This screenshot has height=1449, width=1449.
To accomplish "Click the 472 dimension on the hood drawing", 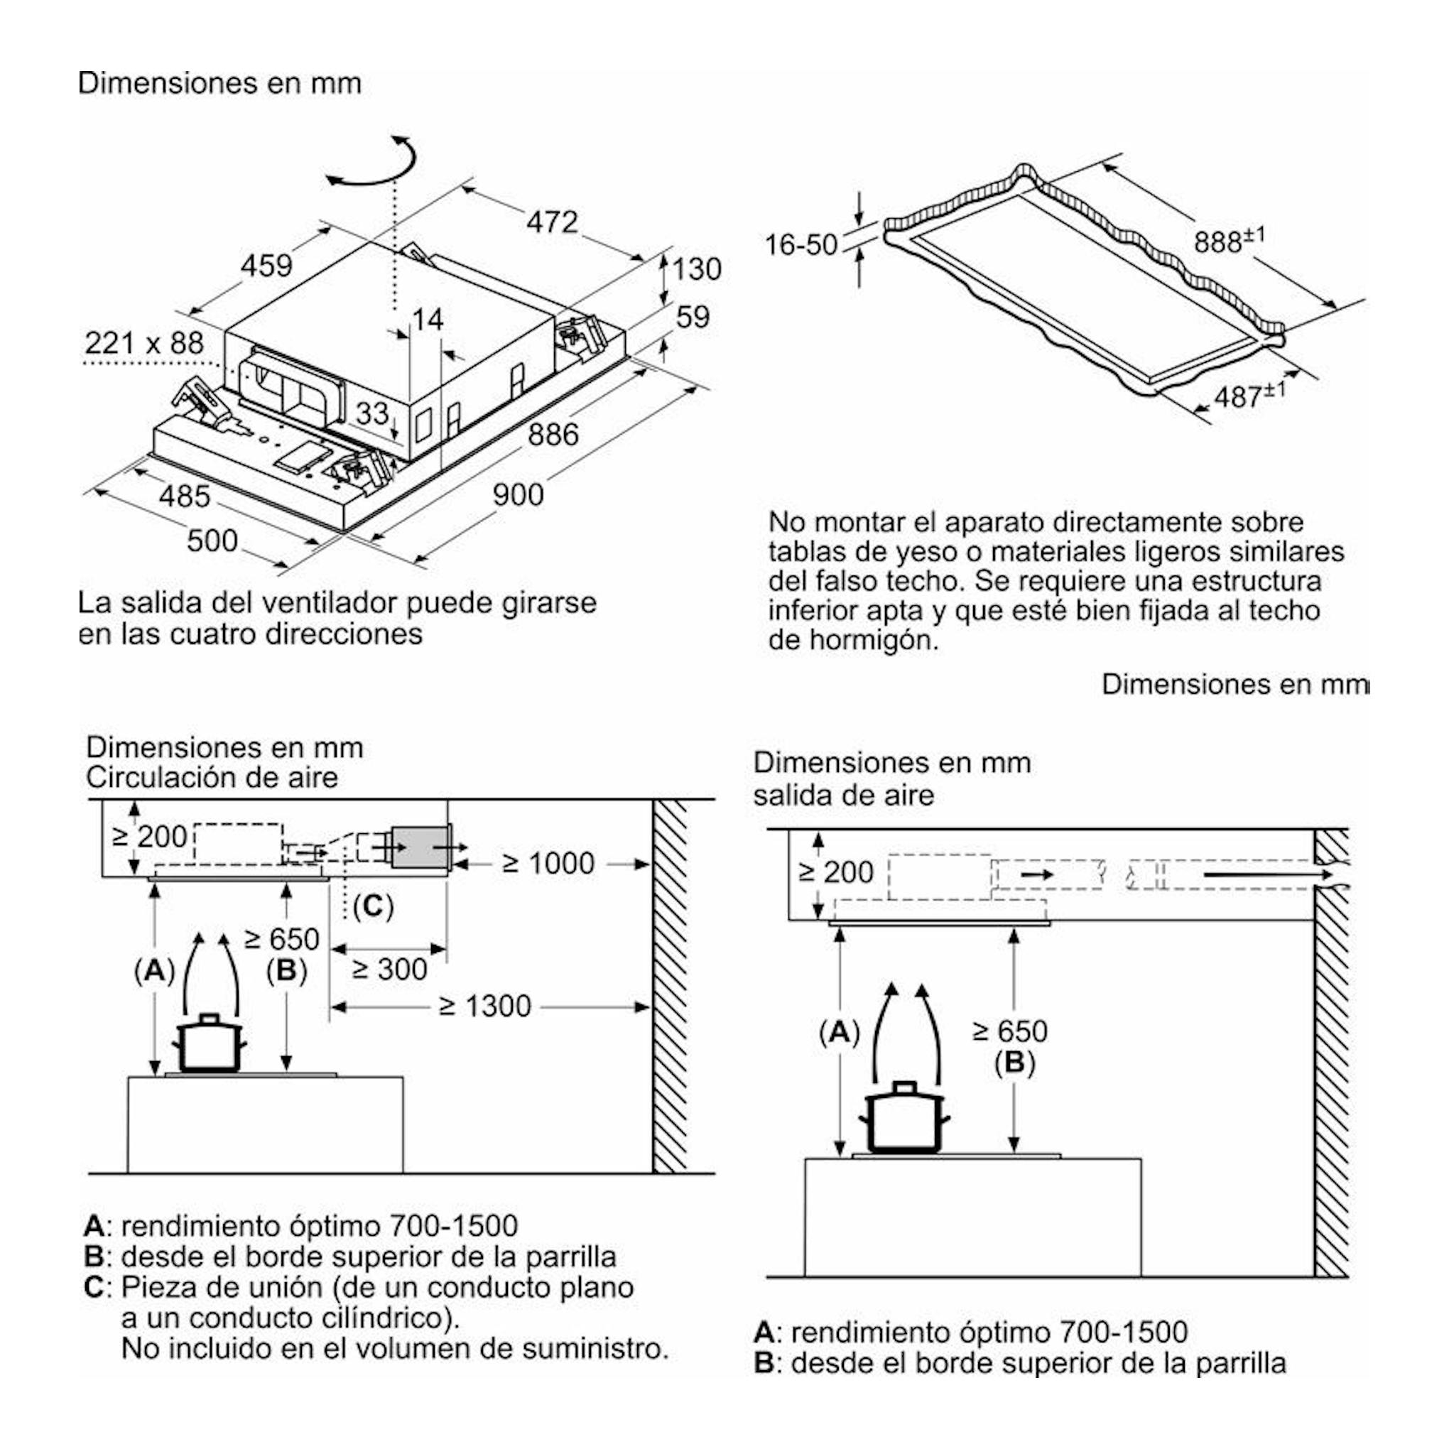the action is [x=552, y=222].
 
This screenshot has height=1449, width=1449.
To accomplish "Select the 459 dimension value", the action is [x=266, y=265].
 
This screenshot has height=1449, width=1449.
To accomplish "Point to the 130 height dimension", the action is [x=697, y=268].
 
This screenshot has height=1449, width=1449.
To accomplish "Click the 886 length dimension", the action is [x=553, y=434].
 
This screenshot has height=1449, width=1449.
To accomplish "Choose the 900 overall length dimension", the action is [x=519, y=494].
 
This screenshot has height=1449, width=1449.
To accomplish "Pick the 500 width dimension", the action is [x=212, y=540].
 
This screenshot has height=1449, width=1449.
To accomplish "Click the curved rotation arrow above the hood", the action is [x=371, y=163].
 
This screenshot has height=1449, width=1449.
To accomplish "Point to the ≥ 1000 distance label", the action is [x=548, y=863].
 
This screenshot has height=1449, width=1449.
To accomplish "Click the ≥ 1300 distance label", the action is [x=484, y=1006].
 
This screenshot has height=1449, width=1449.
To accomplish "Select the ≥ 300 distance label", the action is [x=389, y=969].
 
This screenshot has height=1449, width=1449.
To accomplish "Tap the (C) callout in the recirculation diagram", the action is [x=373, y=906].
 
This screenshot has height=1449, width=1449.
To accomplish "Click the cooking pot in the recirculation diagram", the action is [x=210, y=1043].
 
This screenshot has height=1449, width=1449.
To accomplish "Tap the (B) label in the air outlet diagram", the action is [x=1014, y=1063].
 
